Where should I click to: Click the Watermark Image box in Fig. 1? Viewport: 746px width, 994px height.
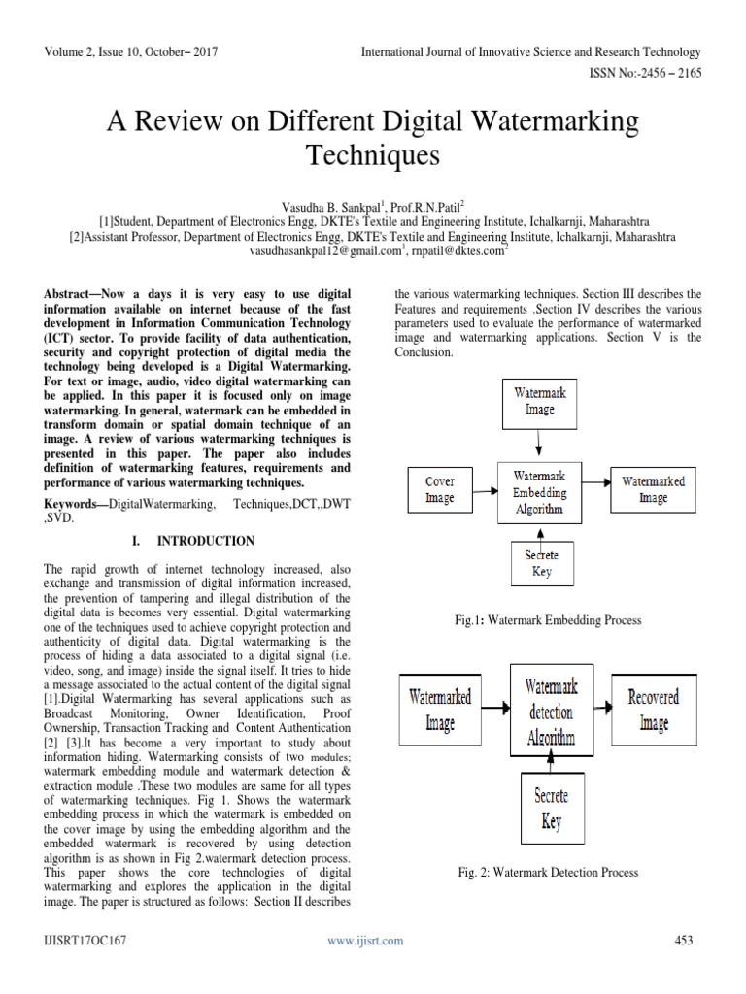[x=540, y=402]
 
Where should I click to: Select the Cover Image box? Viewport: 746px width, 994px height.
[x=439, y=489]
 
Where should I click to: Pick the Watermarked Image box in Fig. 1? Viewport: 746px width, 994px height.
[x=653, y=489]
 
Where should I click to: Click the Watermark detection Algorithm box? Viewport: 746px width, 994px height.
[x=550, y=712]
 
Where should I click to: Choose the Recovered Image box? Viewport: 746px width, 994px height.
[x=654, y=711]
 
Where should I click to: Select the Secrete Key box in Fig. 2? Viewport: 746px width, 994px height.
[x=551, y=810]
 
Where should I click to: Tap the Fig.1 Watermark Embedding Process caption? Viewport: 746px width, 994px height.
[x=550, y=619]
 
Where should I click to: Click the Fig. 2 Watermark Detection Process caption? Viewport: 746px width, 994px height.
[x=548, y=873]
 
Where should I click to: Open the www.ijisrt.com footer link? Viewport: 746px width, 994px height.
[x=365, y=941]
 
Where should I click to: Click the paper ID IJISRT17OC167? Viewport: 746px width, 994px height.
[x=85, y=940]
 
